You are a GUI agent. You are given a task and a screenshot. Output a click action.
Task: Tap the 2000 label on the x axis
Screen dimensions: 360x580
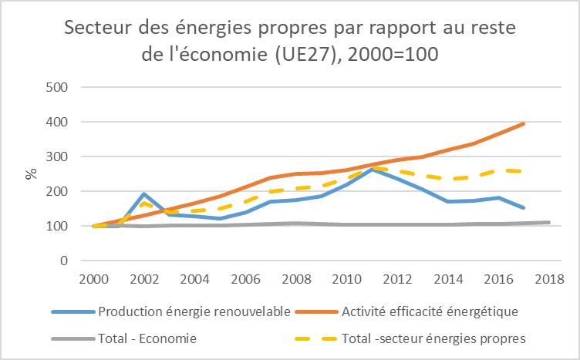94,278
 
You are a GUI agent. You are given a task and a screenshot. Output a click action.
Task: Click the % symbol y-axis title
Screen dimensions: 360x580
31,173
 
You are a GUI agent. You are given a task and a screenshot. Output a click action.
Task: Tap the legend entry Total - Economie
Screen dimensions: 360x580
147,338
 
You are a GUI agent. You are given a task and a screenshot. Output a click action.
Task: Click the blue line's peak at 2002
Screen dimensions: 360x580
143,194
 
